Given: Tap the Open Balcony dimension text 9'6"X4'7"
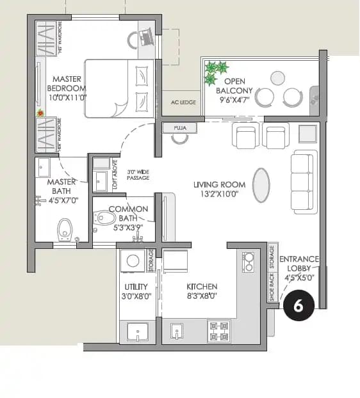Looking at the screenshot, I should (x=235, y=99).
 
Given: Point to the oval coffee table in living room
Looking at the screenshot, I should (x=261, y=184).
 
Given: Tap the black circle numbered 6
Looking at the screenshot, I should (x=299, y=305).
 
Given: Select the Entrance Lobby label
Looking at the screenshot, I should (x=299, y=268).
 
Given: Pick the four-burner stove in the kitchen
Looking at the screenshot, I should (x=218, y=331).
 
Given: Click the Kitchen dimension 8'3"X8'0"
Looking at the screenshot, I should (x=202, y=296).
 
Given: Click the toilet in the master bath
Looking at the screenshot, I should (x=64, y=228).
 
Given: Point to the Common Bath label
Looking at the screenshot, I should (x=128, y=214).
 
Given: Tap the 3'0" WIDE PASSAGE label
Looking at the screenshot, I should (x=138, y=175).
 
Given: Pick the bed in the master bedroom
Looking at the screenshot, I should (x=119, y=88).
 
